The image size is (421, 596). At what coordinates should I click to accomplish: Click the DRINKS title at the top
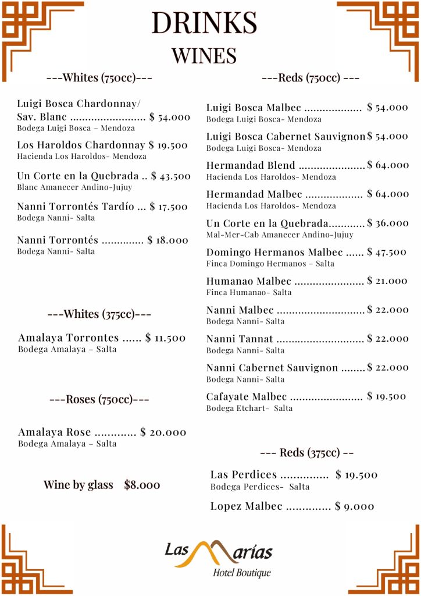pyautogui.click(x=204, y=23)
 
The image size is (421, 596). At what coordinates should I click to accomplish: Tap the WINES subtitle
pyautogui.click(x=204, y=55)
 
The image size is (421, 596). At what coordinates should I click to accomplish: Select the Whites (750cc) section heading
pyautogui.click(x=99, y=78)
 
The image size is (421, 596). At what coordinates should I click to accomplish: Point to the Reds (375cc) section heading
pyautogui.click(x=306, y=453)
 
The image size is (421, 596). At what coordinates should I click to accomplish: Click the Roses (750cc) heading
pyautogui.click(x=99, y=399)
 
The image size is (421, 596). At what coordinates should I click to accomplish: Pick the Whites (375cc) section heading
pyautogui.click(x=99, y=314)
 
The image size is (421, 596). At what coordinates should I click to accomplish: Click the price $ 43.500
pyautogui.click(x=170, y=176)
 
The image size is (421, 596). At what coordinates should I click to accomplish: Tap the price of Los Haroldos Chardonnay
pyautogui.click(x=168, y=145)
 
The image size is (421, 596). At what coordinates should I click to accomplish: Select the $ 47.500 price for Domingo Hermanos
pyautogui.click(x=387, y=252)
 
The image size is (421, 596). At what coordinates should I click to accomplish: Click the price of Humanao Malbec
pyautogui.click(x=387, y=281)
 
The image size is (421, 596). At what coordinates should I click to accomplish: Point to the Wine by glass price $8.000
pyautogui.click(x=142, y=485)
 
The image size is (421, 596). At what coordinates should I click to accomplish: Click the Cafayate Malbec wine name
pyautogui.click(x=247, y=397)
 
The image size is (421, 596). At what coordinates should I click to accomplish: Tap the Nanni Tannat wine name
pyautogui.click(x=240, y=339)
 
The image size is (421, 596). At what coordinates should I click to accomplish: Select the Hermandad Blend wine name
pyautogui.click(x=251, y=165)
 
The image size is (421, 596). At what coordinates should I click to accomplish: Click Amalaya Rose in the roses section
pyautogui.click(x=55, y=432)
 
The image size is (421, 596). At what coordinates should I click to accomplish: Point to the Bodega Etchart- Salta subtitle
pyautogui.click(x=249, y=408)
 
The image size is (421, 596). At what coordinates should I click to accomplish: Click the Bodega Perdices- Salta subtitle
pyautogui.click(x=260, y=487)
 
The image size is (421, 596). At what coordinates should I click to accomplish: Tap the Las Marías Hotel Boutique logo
pyautogui.click(x=219, y=558)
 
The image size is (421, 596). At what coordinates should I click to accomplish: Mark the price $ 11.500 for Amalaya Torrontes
pyautogui.click(x=165, y=338)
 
